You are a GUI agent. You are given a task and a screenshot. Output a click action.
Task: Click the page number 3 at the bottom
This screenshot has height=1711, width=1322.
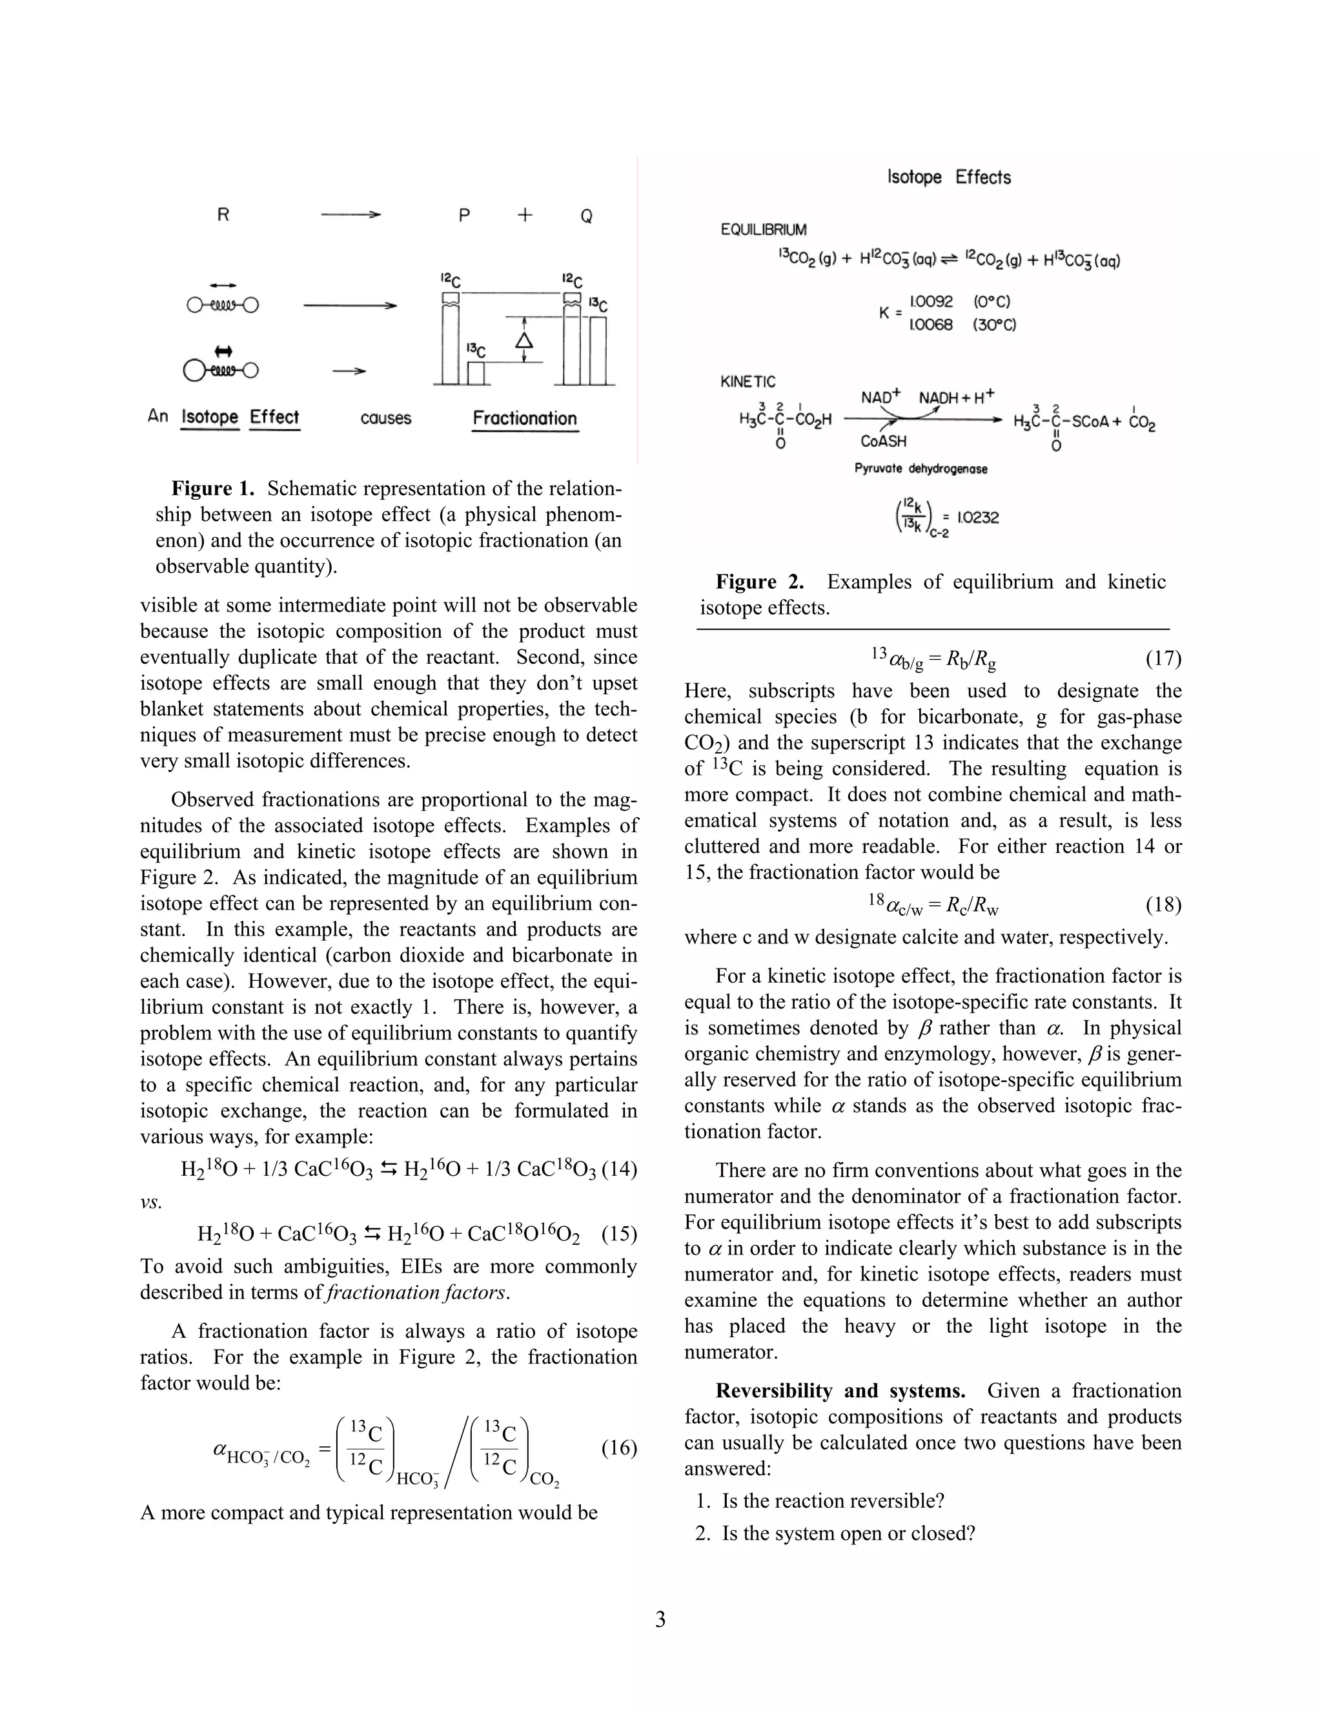(660, 1619)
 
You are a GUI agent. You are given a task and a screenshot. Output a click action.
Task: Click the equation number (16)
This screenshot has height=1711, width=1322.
(618, 1448)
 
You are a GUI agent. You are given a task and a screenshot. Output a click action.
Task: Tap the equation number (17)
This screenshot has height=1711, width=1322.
(1163, 658)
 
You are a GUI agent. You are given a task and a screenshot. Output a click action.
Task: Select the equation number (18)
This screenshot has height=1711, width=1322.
(1163, 905)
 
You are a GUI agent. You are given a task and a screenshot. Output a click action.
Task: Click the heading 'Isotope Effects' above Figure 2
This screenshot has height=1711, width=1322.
(948, 177)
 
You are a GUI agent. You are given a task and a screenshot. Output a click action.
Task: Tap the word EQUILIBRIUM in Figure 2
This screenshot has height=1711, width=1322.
(764, 231)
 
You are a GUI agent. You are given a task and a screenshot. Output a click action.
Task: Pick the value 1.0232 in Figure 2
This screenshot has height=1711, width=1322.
(977, 518)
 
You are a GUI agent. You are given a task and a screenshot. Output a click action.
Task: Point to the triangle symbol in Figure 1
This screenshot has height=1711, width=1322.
(525, 340)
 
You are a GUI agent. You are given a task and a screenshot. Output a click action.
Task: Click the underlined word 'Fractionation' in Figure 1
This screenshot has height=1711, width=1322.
(525, 418)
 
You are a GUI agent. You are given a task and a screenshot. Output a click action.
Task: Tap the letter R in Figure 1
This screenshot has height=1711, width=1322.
(223, 214)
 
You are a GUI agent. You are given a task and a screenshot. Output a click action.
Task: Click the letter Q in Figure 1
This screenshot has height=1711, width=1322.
(586, 216)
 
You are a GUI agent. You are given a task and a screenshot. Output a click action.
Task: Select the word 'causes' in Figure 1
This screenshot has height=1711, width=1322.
(386, 418)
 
